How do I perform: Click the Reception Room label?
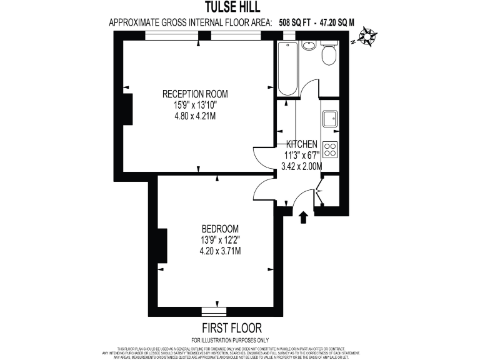[195, 94]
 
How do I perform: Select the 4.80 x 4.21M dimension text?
[195, 116]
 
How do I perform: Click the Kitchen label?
[302, 144]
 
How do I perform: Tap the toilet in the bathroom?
[329, 54]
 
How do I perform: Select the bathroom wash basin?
[308, 46]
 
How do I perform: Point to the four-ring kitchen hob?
[330, 149]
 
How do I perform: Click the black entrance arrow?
[304, 217]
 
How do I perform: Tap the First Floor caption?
[231, 328]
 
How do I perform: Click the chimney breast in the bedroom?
[162, 246]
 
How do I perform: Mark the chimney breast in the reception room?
[127, 110]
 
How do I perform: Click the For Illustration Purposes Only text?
[231, 340]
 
